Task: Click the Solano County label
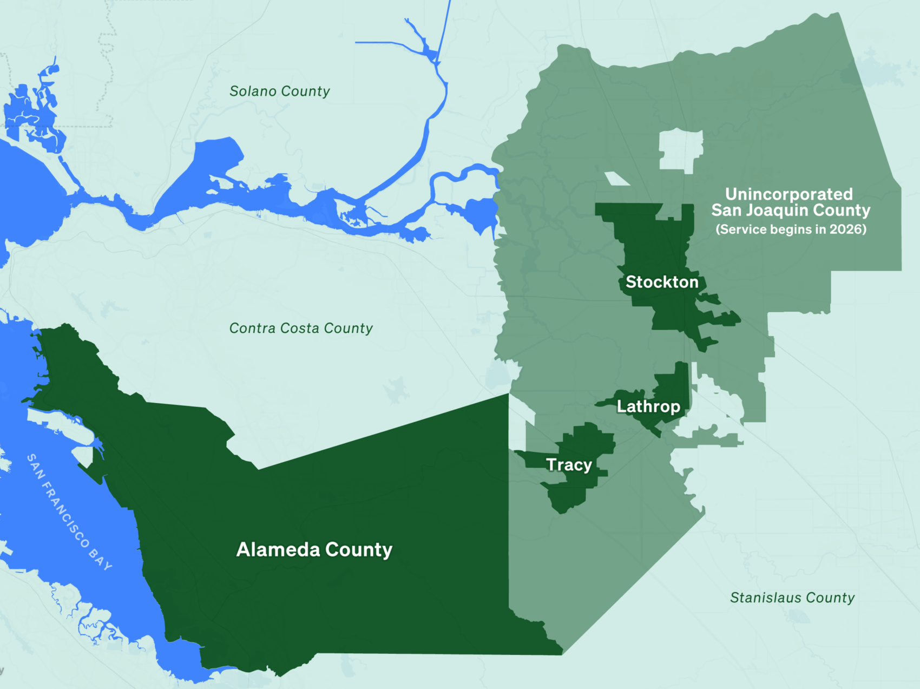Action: click(279, 91)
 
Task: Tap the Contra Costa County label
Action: click(301, 328)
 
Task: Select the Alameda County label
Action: click(314, 549)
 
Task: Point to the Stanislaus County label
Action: click(792, 598)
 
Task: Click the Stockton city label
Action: click(662, 282)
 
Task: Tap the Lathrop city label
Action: click(648, 406)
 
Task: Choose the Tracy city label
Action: click(569, 465)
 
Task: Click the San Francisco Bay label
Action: click(69, 511)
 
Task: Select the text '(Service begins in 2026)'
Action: click(791, 229)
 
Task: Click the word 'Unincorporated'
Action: click(788, 194)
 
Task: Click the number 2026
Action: click(846, 229)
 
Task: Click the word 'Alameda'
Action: click(278, 549)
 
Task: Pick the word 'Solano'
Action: click(253, 91)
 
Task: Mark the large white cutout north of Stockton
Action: click(680, 150)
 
